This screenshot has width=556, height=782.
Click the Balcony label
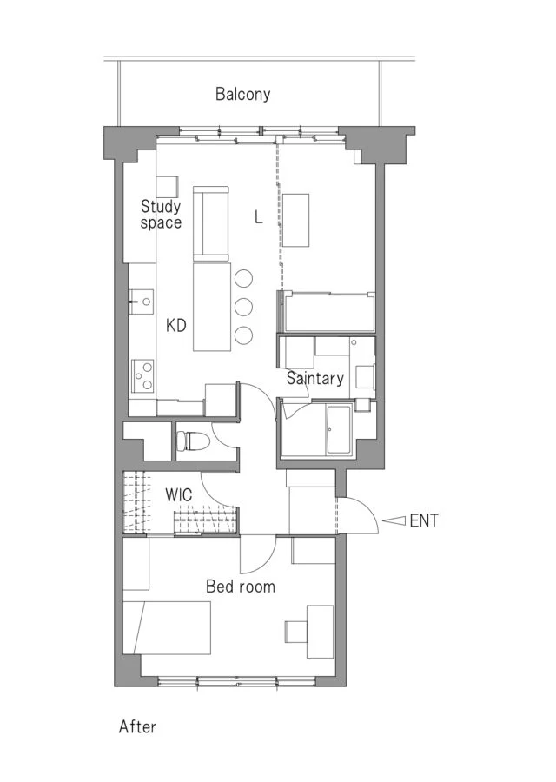243,94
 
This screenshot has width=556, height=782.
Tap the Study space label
161,215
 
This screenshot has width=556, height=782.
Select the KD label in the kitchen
176,326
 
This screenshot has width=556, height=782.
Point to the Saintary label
315,378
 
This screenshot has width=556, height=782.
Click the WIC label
178,495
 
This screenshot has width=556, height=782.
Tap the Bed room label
241,586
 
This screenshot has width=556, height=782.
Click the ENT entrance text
424,521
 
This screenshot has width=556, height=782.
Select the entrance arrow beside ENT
394,520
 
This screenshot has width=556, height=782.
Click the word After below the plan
137,726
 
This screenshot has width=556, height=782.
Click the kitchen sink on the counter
142,302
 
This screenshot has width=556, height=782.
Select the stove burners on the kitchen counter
142,375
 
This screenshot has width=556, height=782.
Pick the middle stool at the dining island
243,306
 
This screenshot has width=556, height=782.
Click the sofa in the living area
211,224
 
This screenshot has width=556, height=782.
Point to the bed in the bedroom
167,628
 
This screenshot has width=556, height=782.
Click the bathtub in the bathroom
339,429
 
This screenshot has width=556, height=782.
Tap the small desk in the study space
168,187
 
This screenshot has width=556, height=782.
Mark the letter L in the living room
258,217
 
